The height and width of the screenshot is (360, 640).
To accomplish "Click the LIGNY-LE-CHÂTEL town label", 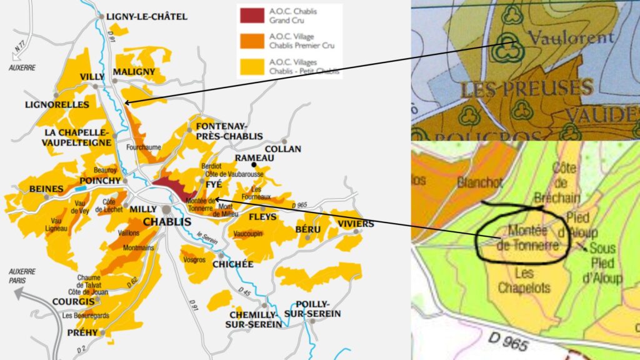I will tap(147, 17).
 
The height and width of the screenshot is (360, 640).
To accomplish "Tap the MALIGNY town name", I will tap(134, 72).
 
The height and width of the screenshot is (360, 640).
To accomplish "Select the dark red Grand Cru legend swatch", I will tap(252, 15).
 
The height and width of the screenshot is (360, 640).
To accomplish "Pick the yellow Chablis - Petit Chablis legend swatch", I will tap(252, 64).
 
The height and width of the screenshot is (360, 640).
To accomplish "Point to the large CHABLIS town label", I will tap(167, 222).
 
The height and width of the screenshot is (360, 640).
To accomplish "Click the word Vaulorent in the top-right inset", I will tap(571, 38).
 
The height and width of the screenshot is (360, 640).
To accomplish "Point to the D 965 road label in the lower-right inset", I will tap(509, 342).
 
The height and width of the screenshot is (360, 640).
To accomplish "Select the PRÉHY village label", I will tap(82, 332).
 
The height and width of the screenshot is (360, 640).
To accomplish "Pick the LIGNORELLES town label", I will tap(57, 104).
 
